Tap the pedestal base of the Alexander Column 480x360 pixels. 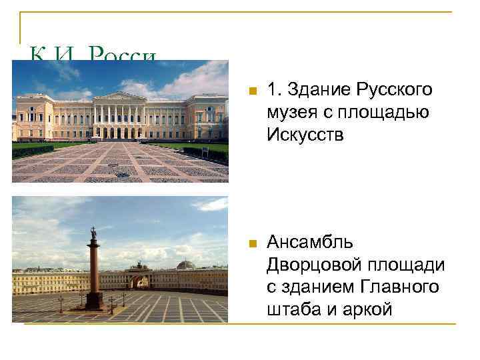click(x=94, y=301)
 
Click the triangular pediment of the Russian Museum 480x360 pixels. click(x=119, y=97)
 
